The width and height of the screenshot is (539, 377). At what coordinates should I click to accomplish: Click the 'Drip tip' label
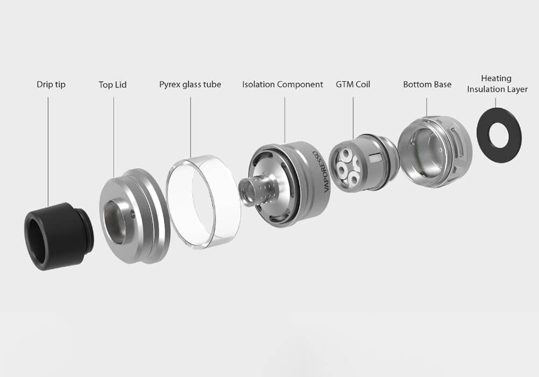[x=51, y=85]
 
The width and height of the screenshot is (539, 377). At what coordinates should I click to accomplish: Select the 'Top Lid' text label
[x=113, y=85]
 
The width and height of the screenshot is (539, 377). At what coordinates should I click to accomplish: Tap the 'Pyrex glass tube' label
[x=190, y=85]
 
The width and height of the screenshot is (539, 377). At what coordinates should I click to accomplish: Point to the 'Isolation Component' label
[x=282, y=85]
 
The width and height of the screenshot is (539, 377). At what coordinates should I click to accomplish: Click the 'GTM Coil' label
[x=353, y=85]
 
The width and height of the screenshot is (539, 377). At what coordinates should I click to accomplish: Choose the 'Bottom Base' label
[x=427, y=85]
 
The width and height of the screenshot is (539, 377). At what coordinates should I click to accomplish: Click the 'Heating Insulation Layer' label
[x=497, y=84]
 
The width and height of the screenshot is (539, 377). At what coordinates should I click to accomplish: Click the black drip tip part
[x=58, y=236]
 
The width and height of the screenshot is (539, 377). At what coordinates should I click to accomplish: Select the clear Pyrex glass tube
[x=203, y=202]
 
